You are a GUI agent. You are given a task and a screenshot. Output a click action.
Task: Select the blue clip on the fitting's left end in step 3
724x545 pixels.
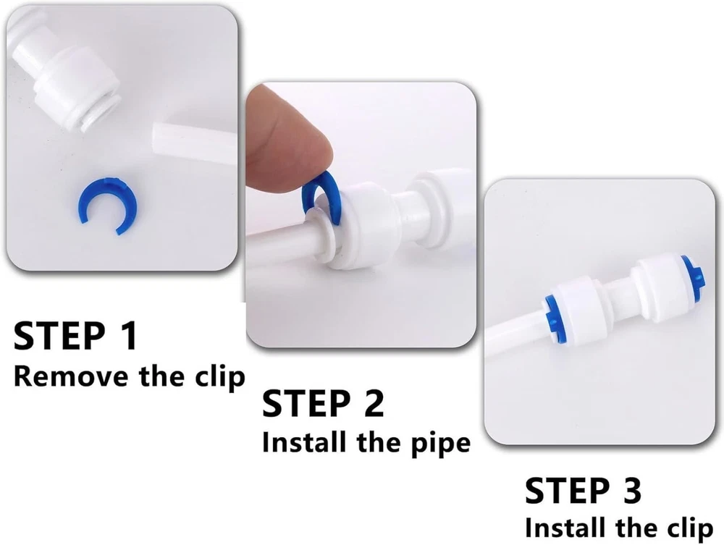coord(552,314)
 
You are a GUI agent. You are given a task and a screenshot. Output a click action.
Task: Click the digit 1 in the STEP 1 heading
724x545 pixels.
coord(128,336)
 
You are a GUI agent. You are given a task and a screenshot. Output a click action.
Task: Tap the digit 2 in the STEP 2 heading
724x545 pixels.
coord(373,403)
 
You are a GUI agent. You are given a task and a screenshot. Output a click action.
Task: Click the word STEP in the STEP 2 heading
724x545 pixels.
coord(306,403)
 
